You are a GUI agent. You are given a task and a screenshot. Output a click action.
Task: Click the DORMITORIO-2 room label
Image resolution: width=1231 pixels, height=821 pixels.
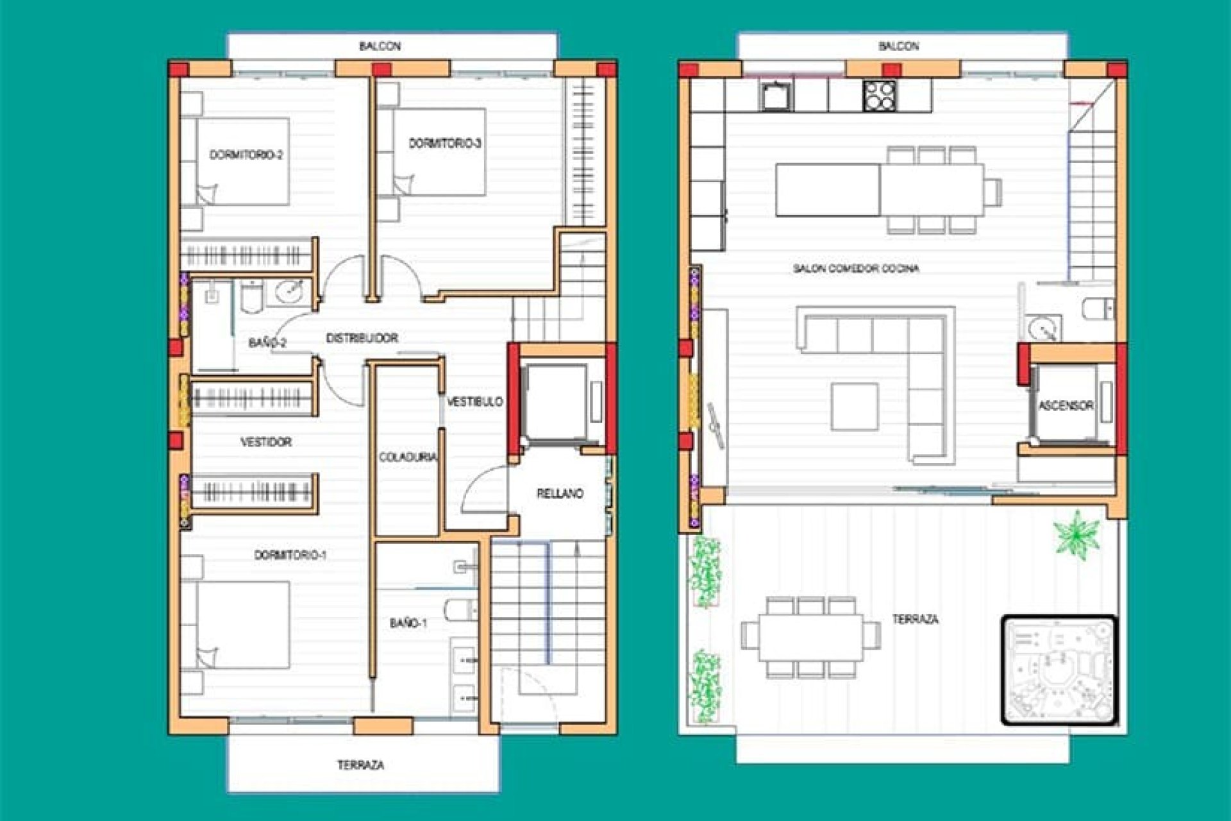point(246,155)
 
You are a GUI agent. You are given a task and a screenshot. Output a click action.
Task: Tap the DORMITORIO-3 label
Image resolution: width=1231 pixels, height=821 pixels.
point(445,143)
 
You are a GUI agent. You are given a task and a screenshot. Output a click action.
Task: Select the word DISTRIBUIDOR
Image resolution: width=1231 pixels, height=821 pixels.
point(362,338)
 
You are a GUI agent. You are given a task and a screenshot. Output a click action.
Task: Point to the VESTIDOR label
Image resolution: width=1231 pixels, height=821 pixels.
point(265,442)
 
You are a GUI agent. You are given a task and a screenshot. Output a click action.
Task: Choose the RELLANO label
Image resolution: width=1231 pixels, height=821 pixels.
point(560,493)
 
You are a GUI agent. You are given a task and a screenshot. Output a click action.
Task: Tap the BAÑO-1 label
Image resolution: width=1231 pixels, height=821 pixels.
point(408,623)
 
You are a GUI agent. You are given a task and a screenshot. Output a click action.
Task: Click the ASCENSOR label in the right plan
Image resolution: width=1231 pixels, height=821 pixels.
point(1066,405)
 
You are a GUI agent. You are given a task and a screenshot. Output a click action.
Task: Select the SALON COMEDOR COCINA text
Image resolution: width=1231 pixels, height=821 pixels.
point(855,268)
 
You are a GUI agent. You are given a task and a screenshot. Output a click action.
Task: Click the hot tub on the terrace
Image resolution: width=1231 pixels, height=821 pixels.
point(1059,670)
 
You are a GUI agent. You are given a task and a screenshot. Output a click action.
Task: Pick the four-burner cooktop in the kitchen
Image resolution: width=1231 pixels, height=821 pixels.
point(879,96)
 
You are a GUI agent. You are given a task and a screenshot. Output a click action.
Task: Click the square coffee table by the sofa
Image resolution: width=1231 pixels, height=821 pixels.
point(855,406)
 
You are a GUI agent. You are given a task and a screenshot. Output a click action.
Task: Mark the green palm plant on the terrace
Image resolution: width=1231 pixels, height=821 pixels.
point(1076,534)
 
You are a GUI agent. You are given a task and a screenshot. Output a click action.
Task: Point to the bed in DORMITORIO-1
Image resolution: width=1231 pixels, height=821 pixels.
point(242,625)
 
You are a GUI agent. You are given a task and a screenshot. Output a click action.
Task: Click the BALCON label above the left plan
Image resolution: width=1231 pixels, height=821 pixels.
point(380,46)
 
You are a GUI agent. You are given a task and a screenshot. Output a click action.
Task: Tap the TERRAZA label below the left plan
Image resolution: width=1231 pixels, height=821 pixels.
point(360,765)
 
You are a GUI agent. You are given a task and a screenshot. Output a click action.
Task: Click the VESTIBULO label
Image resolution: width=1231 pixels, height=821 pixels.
point(474,402)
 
